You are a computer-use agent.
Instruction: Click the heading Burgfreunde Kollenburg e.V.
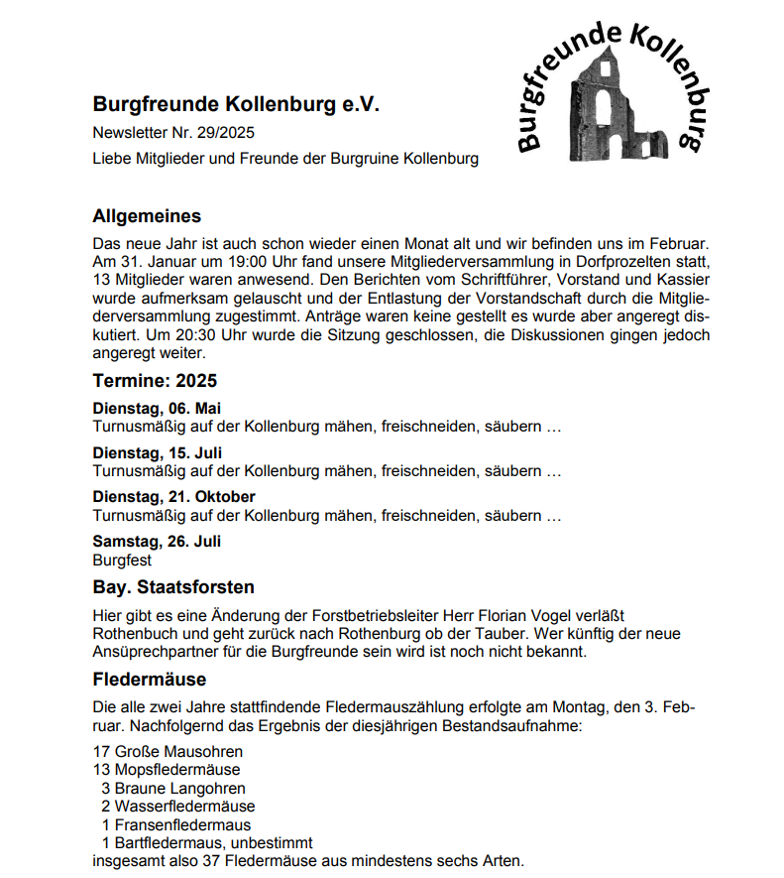(236, 103)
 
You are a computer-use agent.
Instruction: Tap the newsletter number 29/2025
(234, 132)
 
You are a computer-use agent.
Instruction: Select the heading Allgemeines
(147, 216)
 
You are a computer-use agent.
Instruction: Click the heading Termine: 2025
(155, 381)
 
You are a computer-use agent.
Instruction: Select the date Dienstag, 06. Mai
(157, 409)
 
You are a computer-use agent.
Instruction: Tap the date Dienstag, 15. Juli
(157, 453)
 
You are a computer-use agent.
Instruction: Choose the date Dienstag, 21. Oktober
(173, 497)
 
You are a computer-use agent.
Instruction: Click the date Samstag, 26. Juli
(157, 542)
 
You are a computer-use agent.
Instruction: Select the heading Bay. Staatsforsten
(173, 587)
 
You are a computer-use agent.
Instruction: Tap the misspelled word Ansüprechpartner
(151, 652)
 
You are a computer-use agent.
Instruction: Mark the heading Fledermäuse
(149, 680)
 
